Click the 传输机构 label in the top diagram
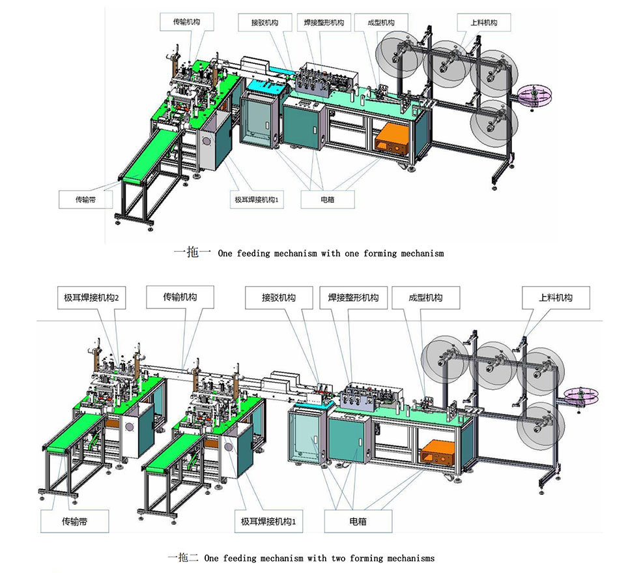point(187,22)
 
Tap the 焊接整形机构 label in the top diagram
point(324,22)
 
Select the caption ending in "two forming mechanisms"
point(301,558)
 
